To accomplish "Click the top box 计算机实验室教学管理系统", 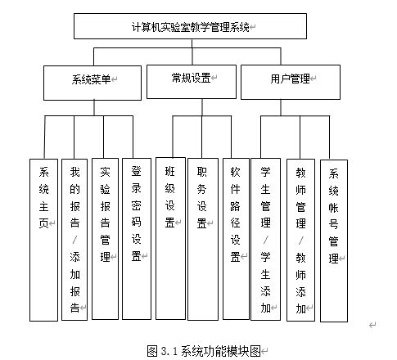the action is [190, 26].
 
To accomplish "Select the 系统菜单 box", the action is [92, 83].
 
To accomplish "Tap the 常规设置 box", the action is [192, 82].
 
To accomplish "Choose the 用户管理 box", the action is [291, 82].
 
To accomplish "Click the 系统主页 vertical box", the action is [43, 240].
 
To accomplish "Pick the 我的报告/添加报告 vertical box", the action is [74, 240].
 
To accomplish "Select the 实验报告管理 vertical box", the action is [106, 239].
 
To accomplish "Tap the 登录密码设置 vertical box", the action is [137, 239].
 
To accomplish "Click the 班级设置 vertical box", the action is [170, 238].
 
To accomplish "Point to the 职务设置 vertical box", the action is [203, 239].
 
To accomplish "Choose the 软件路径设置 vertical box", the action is [236, 239].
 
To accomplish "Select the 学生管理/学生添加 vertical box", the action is [265, 239].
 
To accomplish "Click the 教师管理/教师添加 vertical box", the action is [300, 240].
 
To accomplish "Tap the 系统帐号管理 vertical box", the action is [334, 241].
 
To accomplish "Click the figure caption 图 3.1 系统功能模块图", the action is [204, 351].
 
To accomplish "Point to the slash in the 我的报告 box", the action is [74, 240].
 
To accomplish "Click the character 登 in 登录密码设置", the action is [136, 171].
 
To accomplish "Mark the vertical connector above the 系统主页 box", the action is [44, 137].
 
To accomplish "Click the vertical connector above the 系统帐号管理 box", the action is [329, 138].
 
